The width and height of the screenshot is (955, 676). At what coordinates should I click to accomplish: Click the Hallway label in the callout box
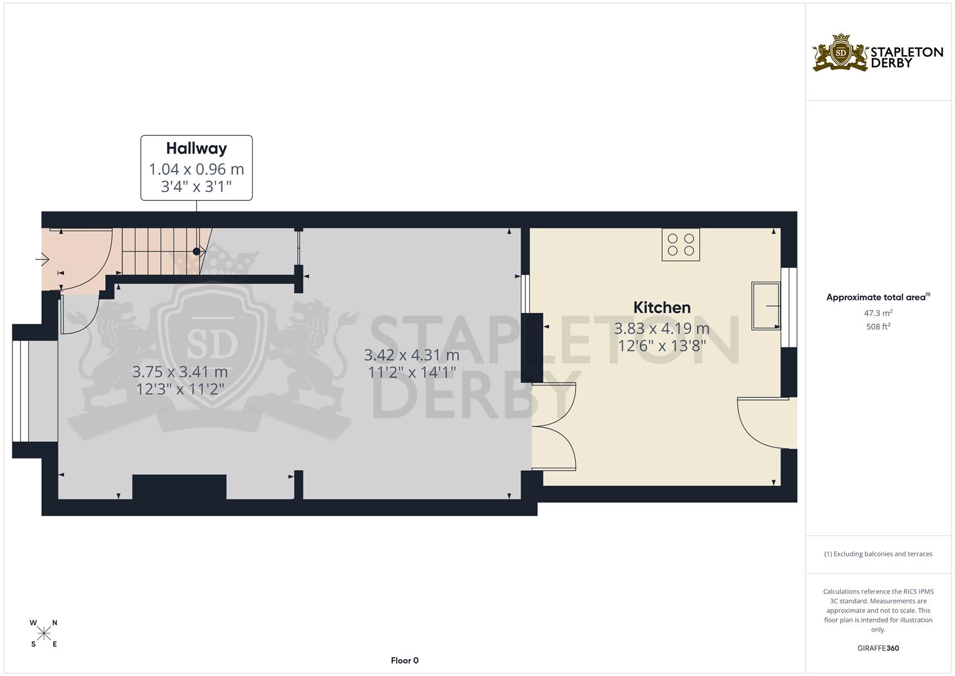click(196, 148)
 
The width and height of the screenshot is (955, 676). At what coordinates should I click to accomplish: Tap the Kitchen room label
click(662, 307)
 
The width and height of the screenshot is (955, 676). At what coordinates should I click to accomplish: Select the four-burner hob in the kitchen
click(681, 245)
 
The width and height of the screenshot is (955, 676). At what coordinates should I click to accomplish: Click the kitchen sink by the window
click(766, 305)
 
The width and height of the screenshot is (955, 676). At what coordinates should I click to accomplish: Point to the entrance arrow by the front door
click(42, 259)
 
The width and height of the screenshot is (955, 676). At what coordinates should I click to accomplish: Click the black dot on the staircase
click(196, 252)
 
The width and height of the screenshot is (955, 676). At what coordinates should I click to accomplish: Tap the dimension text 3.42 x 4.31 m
click(412, 355)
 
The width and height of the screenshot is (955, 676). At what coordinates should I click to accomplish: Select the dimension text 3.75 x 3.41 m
click(180, 372)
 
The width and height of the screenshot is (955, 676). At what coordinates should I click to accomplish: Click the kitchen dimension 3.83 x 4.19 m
click(662, 329)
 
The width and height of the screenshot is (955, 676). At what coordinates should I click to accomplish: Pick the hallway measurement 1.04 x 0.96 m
click(196, 170)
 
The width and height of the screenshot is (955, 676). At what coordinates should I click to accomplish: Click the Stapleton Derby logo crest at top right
click(841, 53)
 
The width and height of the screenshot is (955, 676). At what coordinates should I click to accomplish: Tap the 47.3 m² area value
click(878, 313)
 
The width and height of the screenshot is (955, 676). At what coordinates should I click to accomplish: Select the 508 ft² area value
click(878, 327)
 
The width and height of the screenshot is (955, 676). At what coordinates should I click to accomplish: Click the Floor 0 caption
click(405, 660)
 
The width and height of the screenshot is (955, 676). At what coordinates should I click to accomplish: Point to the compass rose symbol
click(44, 633)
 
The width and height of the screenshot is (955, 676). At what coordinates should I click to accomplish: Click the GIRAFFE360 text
click(878, 648)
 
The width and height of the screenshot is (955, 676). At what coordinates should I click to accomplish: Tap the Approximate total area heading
click(878, 297)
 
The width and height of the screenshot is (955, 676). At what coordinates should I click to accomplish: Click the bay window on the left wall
click(20, 391)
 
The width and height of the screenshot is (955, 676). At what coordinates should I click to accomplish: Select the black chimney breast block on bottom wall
click(179, 487)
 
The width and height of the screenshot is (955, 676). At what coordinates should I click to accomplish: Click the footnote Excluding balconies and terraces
click(878, 554)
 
